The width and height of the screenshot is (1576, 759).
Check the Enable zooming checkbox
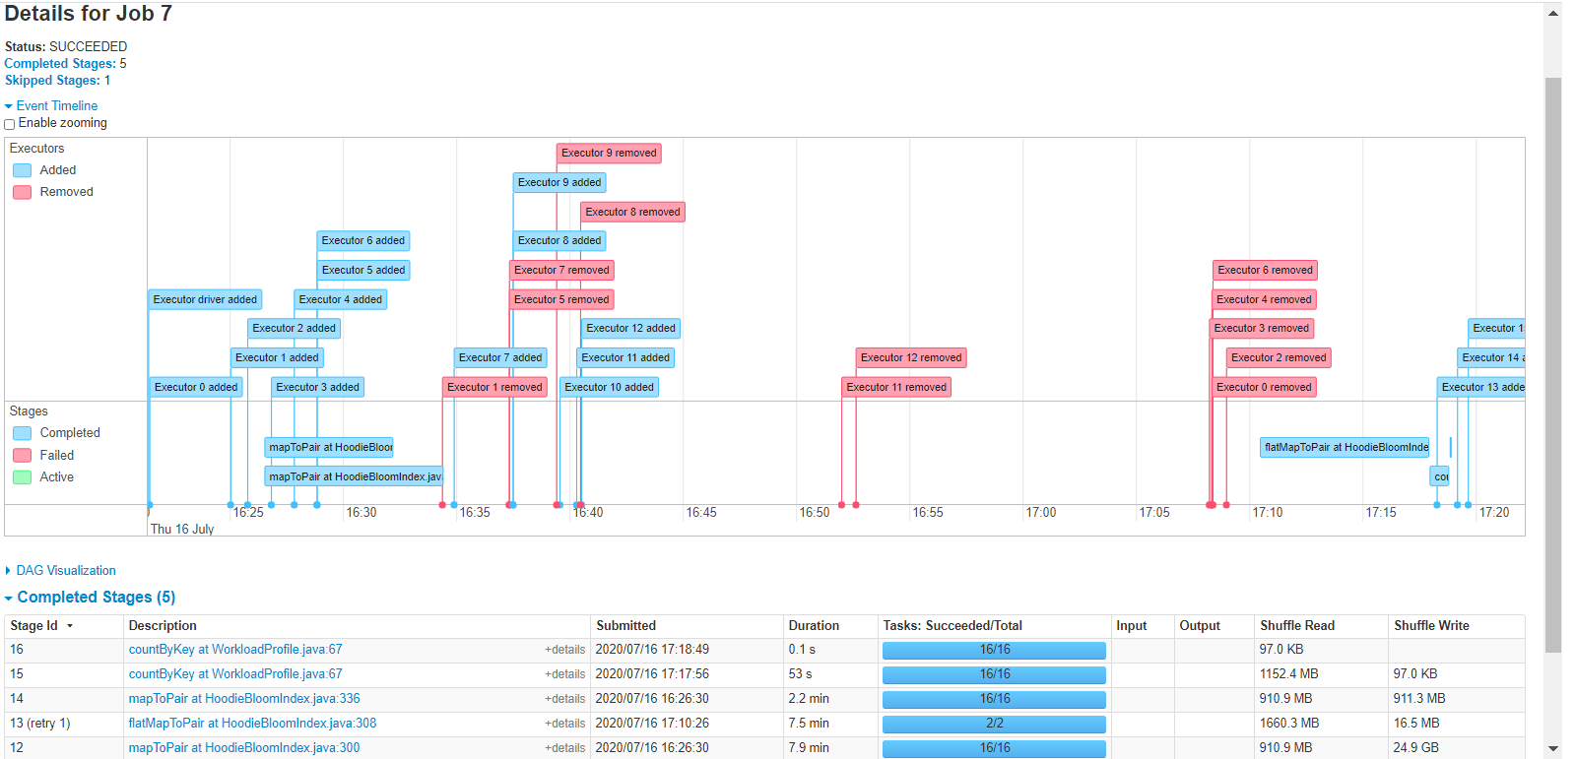click(10, 124)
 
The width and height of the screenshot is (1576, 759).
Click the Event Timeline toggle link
click(56, 106)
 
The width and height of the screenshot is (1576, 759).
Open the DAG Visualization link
click(65, 571)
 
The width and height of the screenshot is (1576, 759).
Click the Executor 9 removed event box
click(609, 154)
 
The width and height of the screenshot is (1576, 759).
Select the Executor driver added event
click(205, 299)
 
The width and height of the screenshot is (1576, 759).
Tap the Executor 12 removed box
click(911, 358)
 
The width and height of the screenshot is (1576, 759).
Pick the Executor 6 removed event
click(1265, 271)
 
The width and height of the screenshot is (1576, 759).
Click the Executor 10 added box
click(609, 388)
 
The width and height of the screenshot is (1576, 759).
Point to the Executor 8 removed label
click(632, 212)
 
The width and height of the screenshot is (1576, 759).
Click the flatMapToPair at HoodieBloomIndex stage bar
click(1346, 448)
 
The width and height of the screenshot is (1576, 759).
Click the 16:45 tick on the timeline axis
click(701, 513)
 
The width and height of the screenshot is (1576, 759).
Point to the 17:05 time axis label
click(1154, 513)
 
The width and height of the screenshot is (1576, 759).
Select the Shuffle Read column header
click(1297, 626)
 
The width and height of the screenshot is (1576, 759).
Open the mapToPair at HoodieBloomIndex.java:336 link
click(244, 699)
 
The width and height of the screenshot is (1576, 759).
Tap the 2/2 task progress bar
click(994, 724)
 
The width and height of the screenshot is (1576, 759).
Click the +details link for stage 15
click(564, 674)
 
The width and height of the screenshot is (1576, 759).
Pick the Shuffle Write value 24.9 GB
click(1416, 748)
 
